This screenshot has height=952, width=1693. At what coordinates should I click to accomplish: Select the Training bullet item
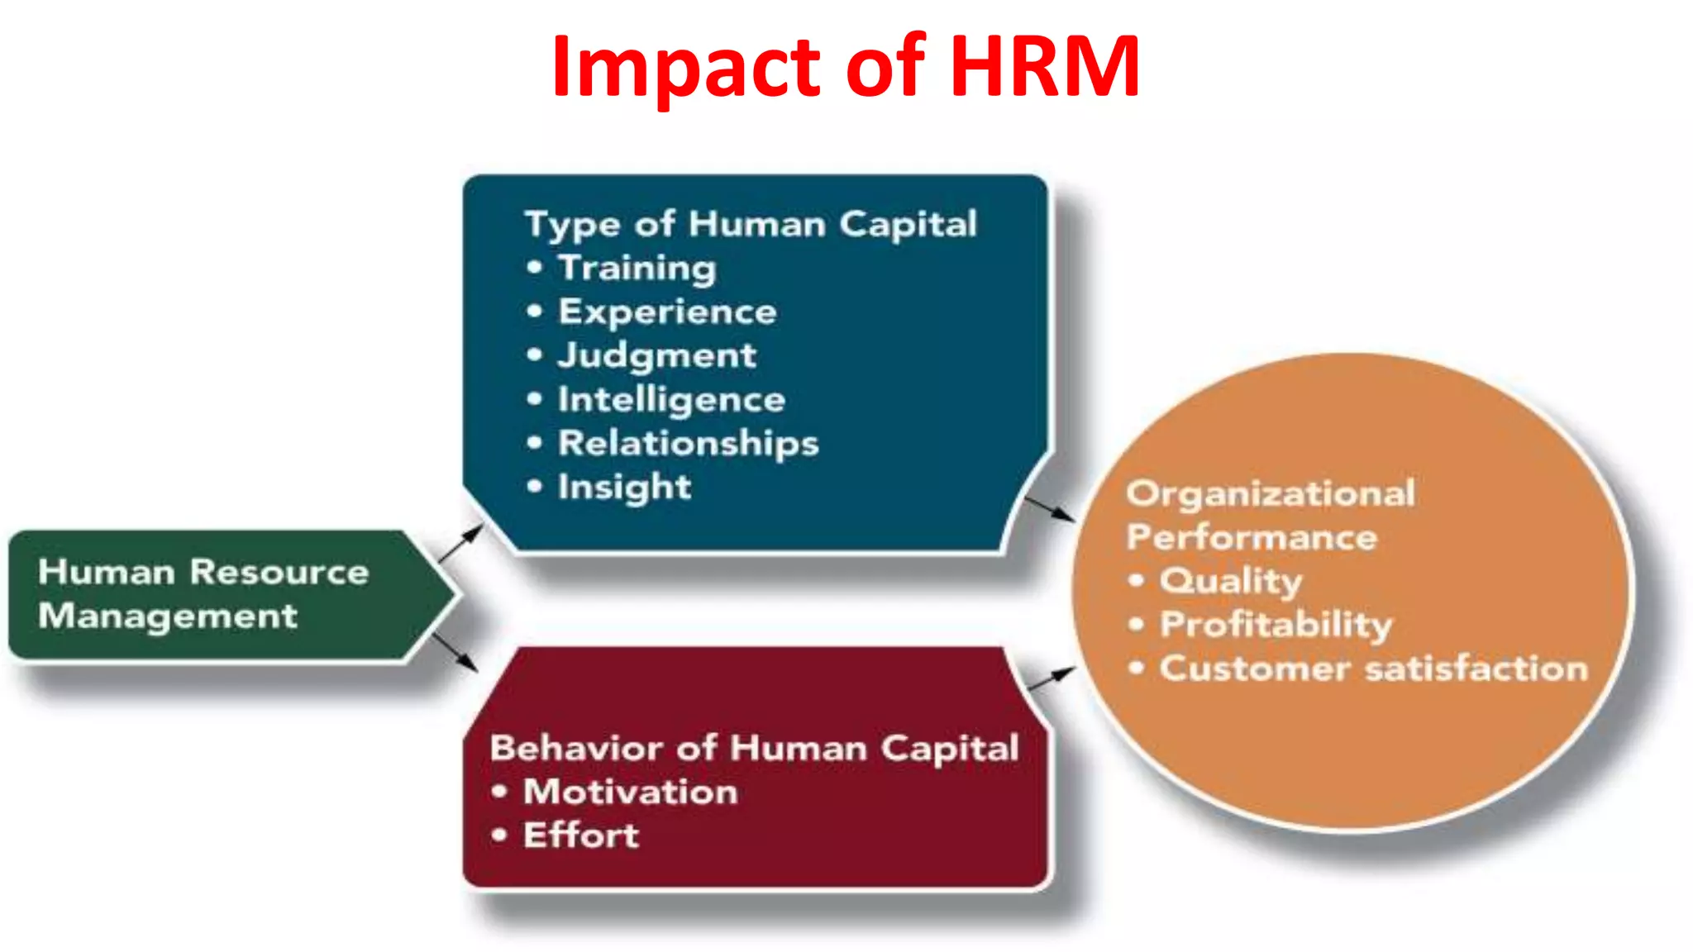(x=637, y=269)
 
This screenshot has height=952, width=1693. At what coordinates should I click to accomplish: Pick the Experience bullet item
(x=667, y=312)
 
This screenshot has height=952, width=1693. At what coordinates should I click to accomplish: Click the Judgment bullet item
(x=656, y=356)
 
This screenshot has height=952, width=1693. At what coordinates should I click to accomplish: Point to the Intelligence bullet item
(x=671, y=400)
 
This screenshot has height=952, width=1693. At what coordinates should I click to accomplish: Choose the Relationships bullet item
(x=688, y=444)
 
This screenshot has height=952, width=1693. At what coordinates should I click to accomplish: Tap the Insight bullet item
(x=624, y=488)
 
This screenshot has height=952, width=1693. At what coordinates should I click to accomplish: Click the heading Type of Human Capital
(x=751, y=225)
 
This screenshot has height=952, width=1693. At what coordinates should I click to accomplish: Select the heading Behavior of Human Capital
(x=754, y=749)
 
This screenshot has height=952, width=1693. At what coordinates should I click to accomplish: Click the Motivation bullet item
(x=630, y=793)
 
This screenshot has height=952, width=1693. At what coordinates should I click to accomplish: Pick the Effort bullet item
(x=580, y=836)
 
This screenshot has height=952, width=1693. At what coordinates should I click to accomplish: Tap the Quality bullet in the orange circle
(x=1230, y=581)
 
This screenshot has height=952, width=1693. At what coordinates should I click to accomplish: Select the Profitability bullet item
(x=1276, y=625)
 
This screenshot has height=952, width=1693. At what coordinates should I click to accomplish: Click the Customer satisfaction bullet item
(x=1373, y=669)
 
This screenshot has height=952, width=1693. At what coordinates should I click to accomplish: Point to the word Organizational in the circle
(x=1271, y=494)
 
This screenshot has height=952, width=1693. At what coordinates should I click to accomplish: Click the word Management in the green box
(x=168, y=616)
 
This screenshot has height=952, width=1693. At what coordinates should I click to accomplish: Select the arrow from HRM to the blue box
(x=460, y=543)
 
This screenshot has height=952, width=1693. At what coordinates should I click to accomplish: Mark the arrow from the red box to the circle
(x=1050, y=678)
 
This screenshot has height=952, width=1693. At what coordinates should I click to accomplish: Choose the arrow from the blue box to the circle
(x=1049, y=508)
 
